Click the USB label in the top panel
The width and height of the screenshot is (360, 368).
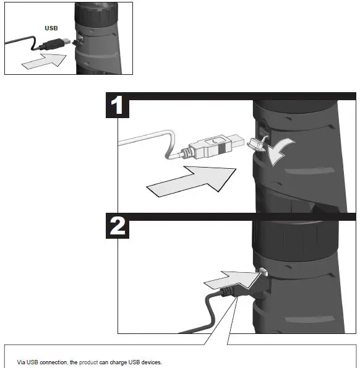51,28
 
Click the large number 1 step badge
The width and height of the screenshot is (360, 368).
118,105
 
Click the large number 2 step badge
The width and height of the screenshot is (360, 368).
118,226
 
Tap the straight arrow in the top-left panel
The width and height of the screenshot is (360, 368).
44,61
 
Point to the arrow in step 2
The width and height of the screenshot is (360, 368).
233,280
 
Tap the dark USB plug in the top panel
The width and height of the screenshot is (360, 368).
56,44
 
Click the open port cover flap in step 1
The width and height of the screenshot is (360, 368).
256,143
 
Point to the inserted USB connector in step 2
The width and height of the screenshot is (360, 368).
264,272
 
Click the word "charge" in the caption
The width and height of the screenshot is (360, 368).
119,362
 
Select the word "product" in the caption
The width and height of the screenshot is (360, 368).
88,362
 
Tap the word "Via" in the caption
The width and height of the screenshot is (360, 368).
21,362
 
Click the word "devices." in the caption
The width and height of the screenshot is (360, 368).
152,362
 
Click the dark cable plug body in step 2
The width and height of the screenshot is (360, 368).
242,291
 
